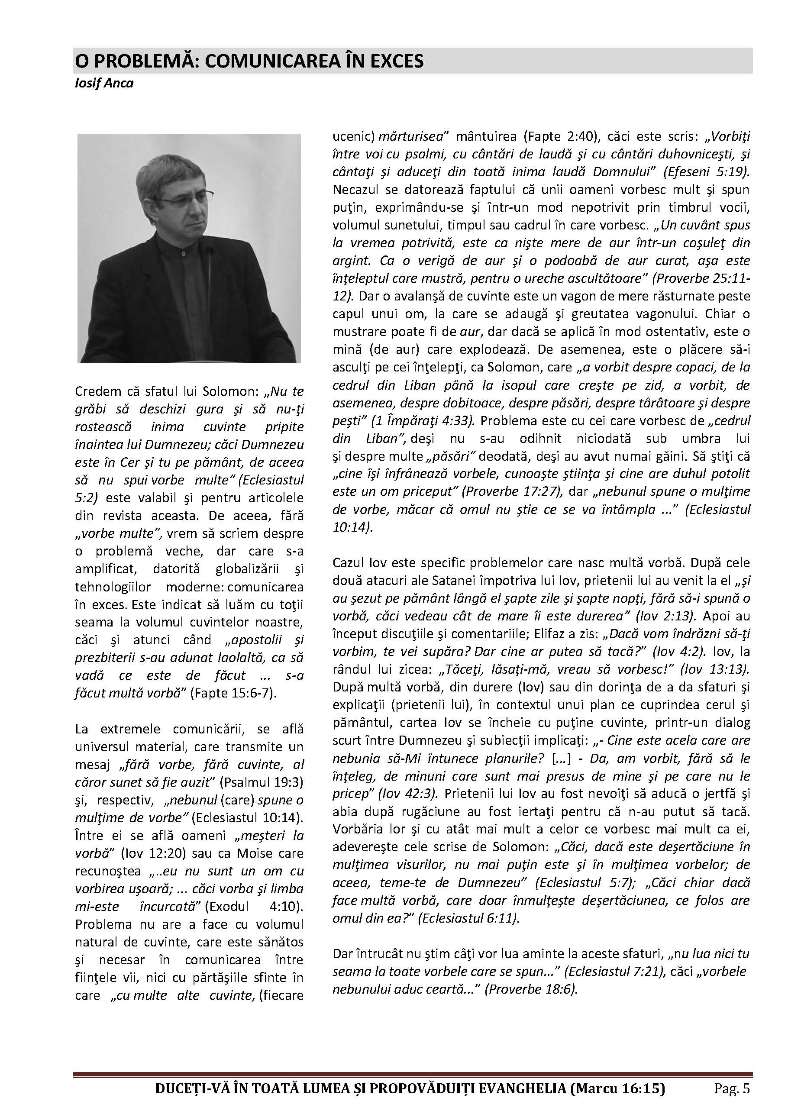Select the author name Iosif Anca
[104, 83]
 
